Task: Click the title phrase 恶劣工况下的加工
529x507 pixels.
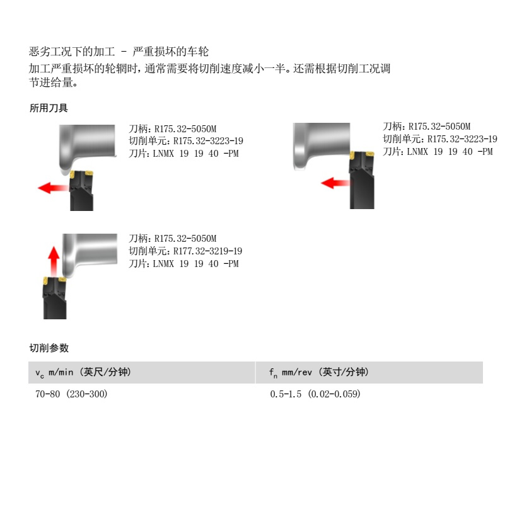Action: [x=70, y=52]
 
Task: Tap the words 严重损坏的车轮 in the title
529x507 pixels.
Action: [x=171, y=52]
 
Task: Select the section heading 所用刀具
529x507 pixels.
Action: [x=49, y=108]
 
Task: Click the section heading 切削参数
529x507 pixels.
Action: [x=49, y=348]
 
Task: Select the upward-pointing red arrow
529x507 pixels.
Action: [x=54, y=258]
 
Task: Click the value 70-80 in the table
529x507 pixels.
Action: [x=49, y=394]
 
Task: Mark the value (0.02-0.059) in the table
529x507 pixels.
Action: [x=334, y=394]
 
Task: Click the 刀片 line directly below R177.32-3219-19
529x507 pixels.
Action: [x=184, y=264]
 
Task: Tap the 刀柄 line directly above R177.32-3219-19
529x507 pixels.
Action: [x=173, y=239]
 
